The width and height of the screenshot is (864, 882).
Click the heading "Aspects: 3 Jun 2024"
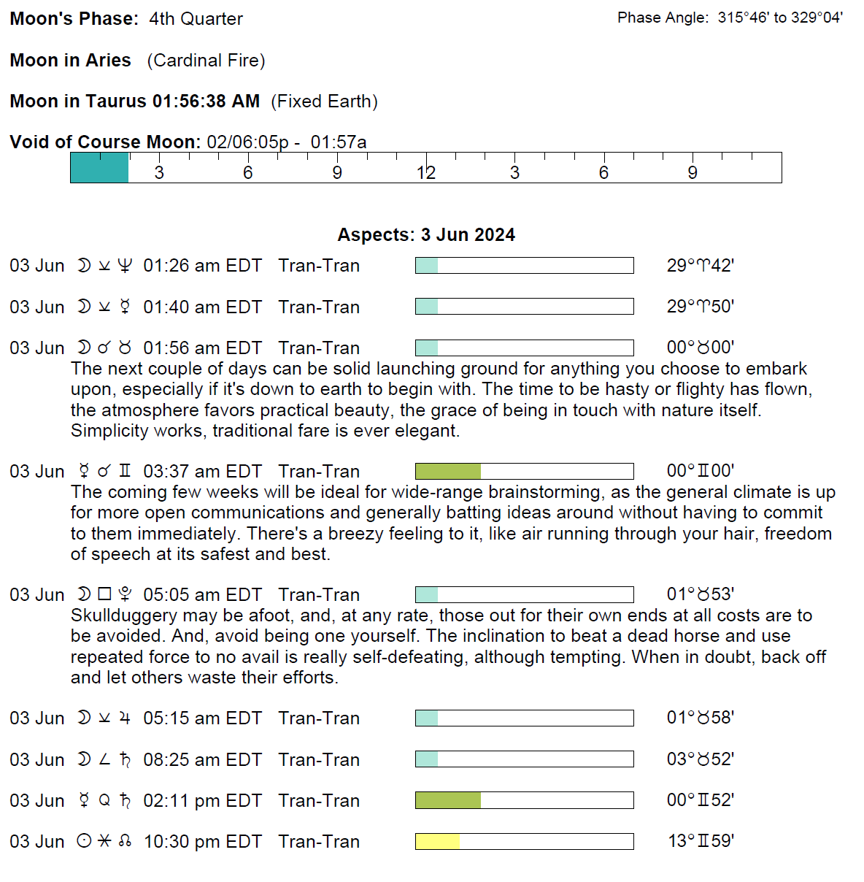(426, 235)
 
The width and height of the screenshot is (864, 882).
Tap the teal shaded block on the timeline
(99, 168)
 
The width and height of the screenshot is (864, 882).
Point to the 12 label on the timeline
(426, 173)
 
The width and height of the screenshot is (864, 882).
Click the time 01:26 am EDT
(202, 266)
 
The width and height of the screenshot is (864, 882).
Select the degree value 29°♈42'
(700, 266)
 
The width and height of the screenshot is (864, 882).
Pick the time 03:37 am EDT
(202, 472)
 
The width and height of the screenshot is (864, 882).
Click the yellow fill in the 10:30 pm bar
(437, 842)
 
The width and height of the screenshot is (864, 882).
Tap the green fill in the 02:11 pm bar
(448, 801)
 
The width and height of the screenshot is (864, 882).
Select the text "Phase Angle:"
(663, 18)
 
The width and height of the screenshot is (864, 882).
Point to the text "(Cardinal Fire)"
(206, 61)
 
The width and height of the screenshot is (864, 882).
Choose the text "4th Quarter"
(196, 19)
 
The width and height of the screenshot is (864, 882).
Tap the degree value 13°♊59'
(701, 842)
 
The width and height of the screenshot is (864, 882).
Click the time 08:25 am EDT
(202, 760)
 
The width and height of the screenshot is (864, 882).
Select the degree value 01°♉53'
(700, 595)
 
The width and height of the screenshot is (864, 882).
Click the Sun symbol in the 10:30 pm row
(85, 842)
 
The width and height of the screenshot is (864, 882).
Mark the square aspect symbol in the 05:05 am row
(104, 595)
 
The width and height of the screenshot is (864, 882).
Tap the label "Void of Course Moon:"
(105, 142)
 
